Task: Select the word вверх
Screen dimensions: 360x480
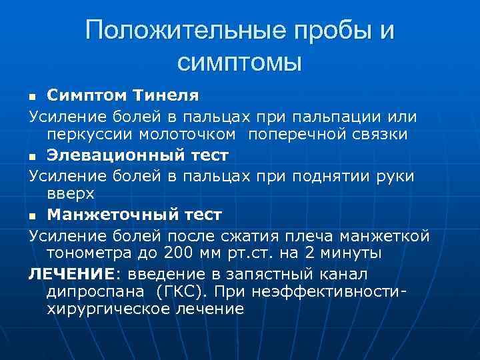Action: [x=71, y=194]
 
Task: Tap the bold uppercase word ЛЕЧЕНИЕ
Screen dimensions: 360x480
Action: [x=69, y=273]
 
